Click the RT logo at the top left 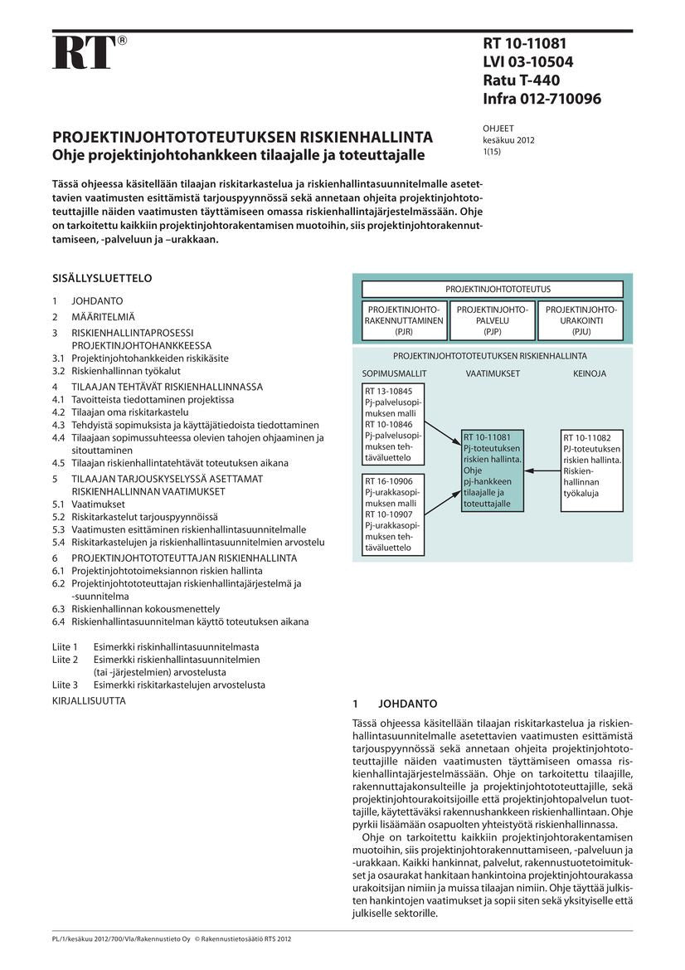(83, 52)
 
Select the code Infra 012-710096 (542, 100)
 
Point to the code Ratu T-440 (521, 81)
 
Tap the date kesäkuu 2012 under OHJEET (508, 140)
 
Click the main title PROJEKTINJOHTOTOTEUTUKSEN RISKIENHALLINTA (242, 137)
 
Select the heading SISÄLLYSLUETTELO (103, 278)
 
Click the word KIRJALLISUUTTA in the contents (89, 700)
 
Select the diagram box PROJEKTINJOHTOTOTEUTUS (492, 290)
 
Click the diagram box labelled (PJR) (404, 321)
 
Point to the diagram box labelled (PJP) (492, 321)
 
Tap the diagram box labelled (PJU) (581, 321)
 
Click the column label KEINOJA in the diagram (590, 373)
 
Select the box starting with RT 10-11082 (593, 466)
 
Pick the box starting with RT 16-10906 (393, 514)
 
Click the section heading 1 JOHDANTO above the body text (389, 703)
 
